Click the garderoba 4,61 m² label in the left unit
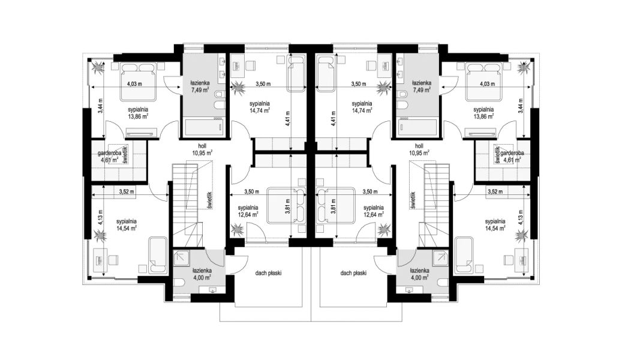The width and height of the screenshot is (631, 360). point(108,157)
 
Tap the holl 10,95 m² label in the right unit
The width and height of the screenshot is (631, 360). point(419,149)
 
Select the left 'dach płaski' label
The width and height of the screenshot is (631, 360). point(268,273)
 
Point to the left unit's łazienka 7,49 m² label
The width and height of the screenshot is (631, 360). point(200,86)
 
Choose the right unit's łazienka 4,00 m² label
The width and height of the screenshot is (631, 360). point(419,274)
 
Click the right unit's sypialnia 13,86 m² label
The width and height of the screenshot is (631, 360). point(483,112)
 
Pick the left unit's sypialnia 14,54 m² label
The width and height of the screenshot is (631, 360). point(127,224)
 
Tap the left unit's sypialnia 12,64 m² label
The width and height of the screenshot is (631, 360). point(248,211)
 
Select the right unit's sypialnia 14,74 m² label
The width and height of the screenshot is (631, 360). point(362,107)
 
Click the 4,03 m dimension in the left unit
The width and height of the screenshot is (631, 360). point(134,84)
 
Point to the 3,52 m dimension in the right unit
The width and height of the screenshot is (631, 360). point(495,191)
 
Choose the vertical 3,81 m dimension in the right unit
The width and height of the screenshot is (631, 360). point(333,206)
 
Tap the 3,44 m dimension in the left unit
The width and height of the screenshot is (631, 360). point(100,107)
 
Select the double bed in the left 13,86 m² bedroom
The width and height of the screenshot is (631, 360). point(139,82)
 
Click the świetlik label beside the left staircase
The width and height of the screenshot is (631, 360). point(210,199)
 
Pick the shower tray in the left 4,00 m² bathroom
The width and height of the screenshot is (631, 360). point(182,258)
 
